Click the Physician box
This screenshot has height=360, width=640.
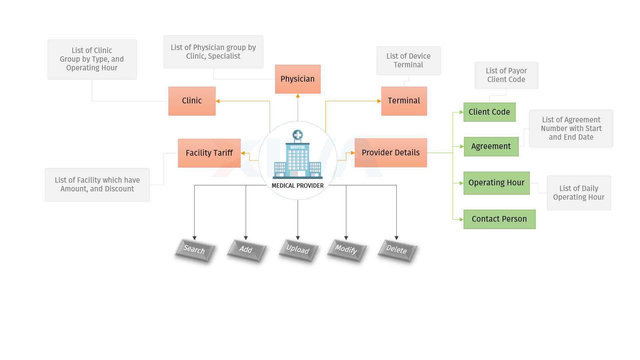point(298,79)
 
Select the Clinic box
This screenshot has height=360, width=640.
point(192,101)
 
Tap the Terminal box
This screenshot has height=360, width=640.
point(404,101)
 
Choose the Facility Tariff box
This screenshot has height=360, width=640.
point(209,153)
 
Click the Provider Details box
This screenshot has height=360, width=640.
point(391,153)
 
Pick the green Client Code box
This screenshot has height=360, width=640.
point(490,112)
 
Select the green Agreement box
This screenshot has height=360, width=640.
point(491,147)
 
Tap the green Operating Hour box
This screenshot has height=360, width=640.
point(497,183)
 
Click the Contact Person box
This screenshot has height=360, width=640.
point(500,219)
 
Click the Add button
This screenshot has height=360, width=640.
point(246,250)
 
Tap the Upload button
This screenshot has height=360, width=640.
point(298,250)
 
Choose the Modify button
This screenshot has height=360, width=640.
point(347,250)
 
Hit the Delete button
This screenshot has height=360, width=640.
point(397,250)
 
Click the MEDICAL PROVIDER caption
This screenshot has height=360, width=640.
point(298,186)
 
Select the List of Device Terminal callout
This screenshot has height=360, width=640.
point(409,61)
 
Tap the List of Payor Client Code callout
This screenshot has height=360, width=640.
point(506,75)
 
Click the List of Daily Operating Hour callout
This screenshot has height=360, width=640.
point(579,193)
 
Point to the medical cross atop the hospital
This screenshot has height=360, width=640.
point(298,135)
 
